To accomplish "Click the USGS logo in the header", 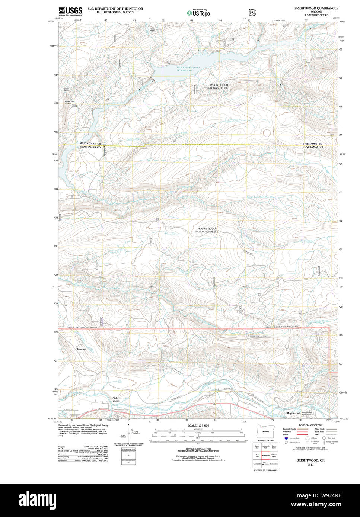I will pyautogui.click(x=70, y=11).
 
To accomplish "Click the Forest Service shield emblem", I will pyautogui.click(x=252, y=12).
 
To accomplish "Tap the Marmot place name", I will pyautogui.click(x=82, y=349).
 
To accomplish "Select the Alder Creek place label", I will pyautogui.click(x=116, y=399).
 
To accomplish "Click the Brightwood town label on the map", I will pyautogui.click(x=293, y=413).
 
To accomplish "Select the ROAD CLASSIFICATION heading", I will pyautogui.click(x=309, y=425).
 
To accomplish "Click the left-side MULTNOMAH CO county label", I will pyautogui.click(x=90, y=144).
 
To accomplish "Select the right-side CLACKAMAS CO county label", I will pyautogui.click(x=313, y=147).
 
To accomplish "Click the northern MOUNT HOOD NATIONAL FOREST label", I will pyautogui.click(x=220, y=86).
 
